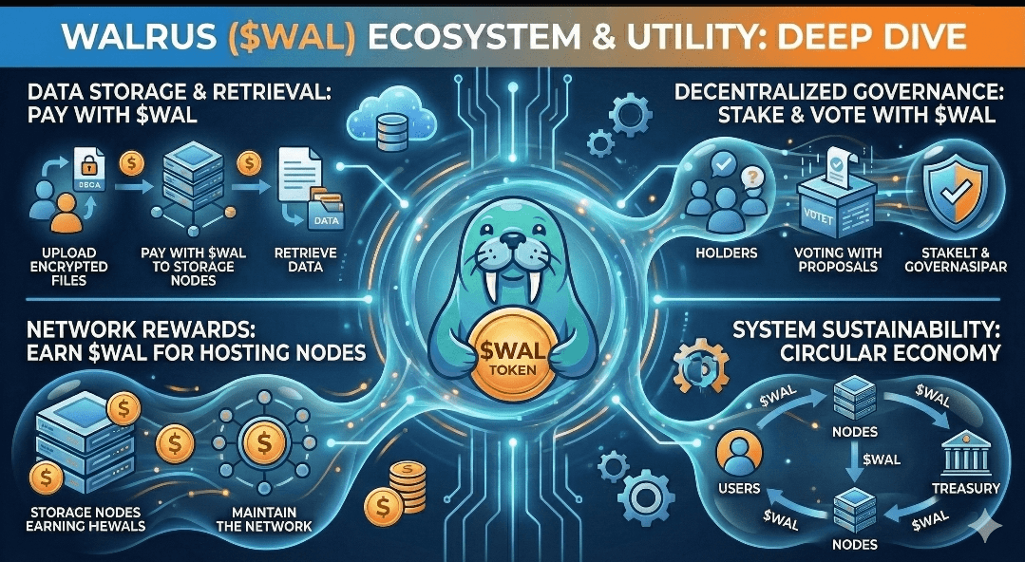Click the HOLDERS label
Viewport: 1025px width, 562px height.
(726, 253)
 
